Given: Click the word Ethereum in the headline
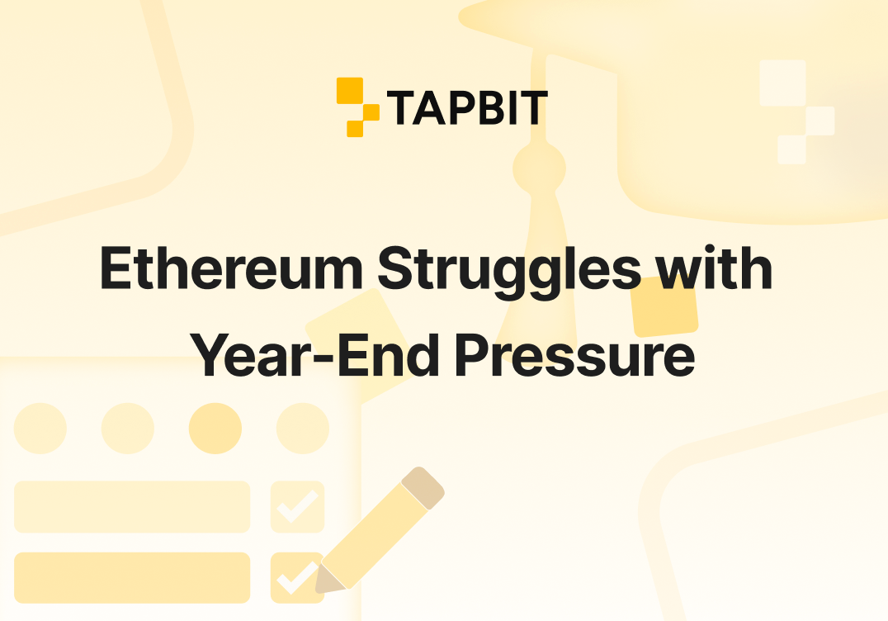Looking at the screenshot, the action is tap(232, 268).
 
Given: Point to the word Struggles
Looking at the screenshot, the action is tap(509, 272).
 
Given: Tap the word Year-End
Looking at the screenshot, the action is tap(315, 355).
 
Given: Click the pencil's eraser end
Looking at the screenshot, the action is tap(423, 488).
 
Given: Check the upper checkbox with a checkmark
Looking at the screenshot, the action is tap(297, 506).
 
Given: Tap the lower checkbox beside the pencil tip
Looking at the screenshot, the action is tap(295, 578).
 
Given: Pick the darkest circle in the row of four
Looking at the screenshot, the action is tap(215, 429).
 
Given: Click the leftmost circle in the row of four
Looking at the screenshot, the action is tap(40, 429).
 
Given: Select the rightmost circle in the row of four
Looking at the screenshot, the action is tap(302, 429).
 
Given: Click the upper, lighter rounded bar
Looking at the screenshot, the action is tap(132, 506).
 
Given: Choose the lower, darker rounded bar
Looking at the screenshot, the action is tap(132, 578).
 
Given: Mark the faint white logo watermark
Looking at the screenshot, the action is tap(797, 111).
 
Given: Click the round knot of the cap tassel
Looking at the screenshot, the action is tap(539, 168).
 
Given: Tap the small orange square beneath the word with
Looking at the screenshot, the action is tap(664, 307).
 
